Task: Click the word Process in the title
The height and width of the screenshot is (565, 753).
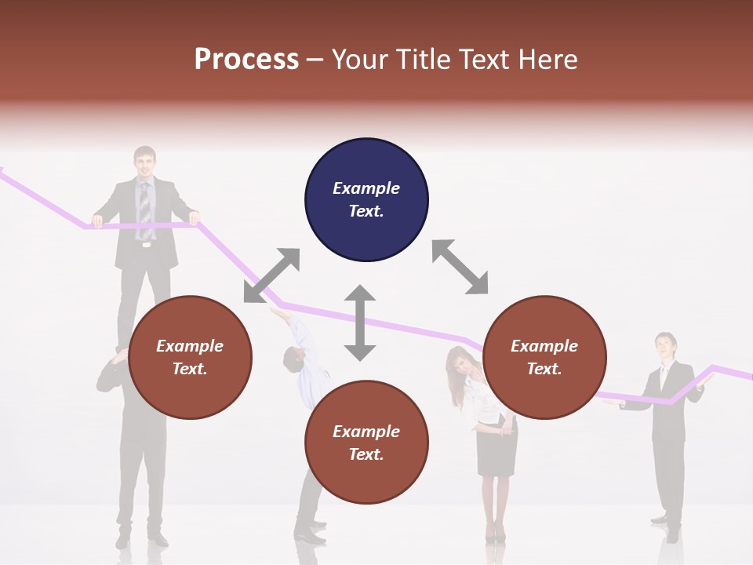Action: pyautogui.click(x=246, y=60)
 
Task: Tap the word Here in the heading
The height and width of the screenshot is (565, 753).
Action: pyautogui.click(x=546, y=60)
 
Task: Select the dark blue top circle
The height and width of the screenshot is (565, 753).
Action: pyautogui.click(x=366, y=200)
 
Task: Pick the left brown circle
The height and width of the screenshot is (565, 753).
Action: pyautogui.click(x=190, y=357)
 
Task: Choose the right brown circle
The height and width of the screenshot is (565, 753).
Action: pyautogui.click(x=544, y=357)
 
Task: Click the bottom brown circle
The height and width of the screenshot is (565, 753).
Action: pyautogui.click(x=366, y=443)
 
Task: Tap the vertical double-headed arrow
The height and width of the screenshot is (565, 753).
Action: pyautogui.click(x=360, y=323)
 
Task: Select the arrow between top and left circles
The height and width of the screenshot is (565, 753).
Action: pyautogui.click(x=271, y=275)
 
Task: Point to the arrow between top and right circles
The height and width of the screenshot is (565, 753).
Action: pyautogui.click(x=460, y=267)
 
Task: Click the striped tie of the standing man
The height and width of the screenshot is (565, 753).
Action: pyautogui.click(x=145, y=209)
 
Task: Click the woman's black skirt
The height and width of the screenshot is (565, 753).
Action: pyautogui.click(x=497, y=450)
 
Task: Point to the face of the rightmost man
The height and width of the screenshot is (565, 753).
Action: pyautogui.click(x=665, y=346)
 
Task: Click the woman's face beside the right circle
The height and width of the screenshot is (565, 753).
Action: pyautogui.click(x=458, y=366)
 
